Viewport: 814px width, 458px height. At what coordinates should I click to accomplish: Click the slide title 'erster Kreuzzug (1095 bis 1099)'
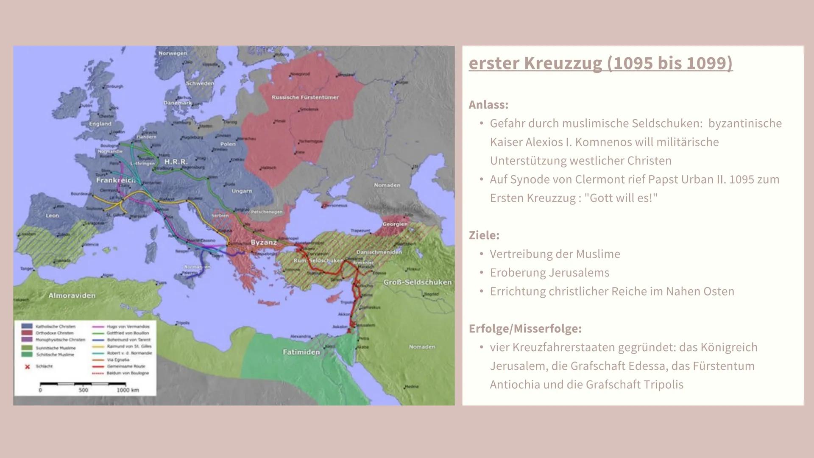tap(600, 63)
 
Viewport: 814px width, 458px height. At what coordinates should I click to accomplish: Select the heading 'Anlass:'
tap(488, 105)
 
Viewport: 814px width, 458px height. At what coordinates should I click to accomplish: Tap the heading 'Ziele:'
tap(484, 235)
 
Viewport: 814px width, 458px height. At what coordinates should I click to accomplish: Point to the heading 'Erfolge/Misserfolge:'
tap(525, 329)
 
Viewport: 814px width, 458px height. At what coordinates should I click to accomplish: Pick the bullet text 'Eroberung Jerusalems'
tap(549, 273)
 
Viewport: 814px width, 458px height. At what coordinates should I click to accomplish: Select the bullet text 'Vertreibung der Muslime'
tap(555, 254)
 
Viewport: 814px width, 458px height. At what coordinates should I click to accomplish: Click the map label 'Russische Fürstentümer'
tap(305, 98)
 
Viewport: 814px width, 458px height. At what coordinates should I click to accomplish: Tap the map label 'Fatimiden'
tap(301, 352)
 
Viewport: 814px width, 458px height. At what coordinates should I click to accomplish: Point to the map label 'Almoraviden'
tap(72, 296)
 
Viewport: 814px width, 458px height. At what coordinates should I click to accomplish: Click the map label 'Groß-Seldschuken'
tap(417, 282)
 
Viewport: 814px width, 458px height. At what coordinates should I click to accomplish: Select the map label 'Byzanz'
tap(263, 243)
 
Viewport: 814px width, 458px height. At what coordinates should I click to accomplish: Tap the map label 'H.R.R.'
tap(176, 162)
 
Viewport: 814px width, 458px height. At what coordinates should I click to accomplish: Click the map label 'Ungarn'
tap(242, 191)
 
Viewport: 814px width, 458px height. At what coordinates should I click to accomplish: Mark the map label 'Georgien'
tap(394, 224)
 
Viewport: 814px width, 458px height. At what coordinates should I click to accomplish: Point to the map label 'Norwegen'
tap(173, 53)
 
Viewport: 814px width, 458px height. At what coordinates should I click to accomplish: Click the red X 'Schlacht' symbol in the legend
tap(28, 366)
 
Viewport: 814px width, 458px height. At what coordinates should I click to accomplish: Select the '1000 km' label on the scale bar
tap(128, 390)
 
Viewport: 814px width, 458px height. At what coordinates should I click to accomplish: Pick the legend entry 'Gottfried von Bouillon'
tap(127, 333)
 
